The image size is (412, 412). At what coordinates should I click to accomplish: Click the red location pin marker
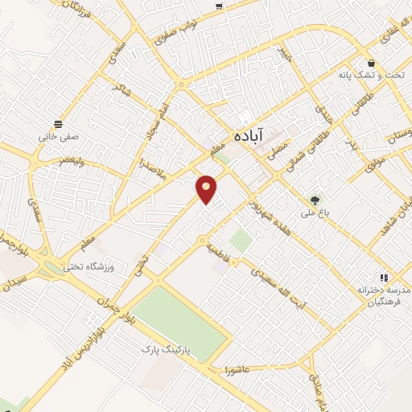coord(207,189)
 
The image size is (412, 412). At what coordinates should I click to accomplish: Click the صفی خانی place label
coord(59,137)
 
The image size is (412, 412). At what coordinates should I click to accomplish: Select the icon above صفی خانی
coord(59,123)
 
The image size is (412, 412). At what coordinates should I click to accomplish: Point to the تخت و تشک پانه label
coord(371,75)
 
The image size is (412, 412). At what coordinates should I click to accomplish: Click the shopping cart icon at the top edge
coord(219,6)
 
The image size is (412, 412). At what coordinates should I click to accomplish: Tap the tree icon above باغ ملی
coord(315,200)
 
